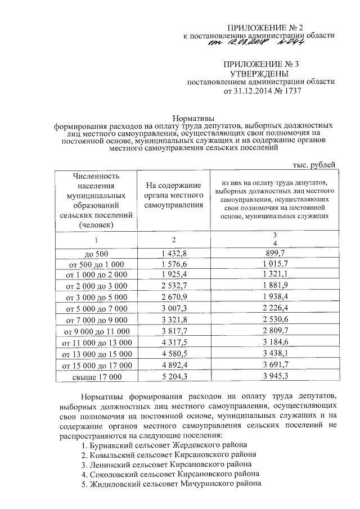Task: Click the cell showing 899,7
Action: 274,254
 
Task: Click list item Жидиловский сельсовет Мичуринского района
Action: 171,484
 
